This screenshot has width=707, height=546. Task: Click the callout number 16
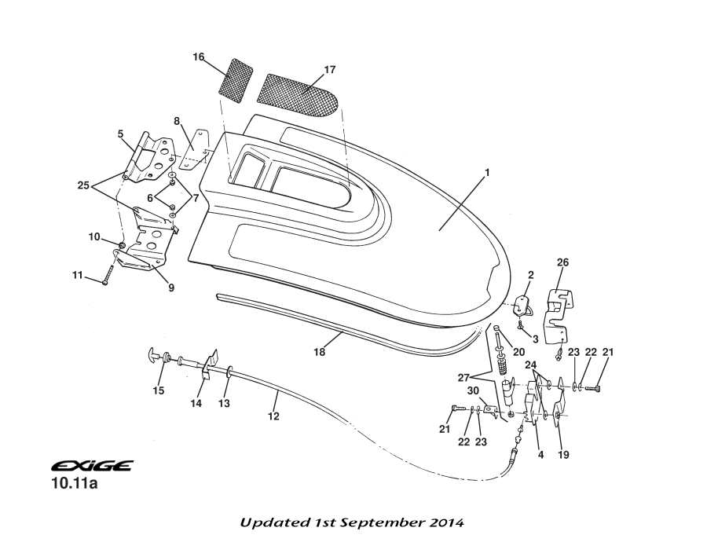(x=199, y=57)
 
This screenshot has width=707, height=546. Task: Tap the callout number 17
(x=330, y=70)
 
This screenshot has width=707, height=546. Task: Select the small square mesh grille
(x=234, y=77)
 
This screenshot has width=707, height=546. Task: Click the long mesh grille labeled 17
(x=302, y=93)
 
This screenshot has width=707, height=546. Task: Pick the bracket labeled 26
(x=559, y=314)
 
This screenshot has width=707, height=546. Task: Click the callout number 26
(x=562, y=262)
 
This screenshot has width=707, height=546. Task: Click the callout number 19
(x=563, y=455)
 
